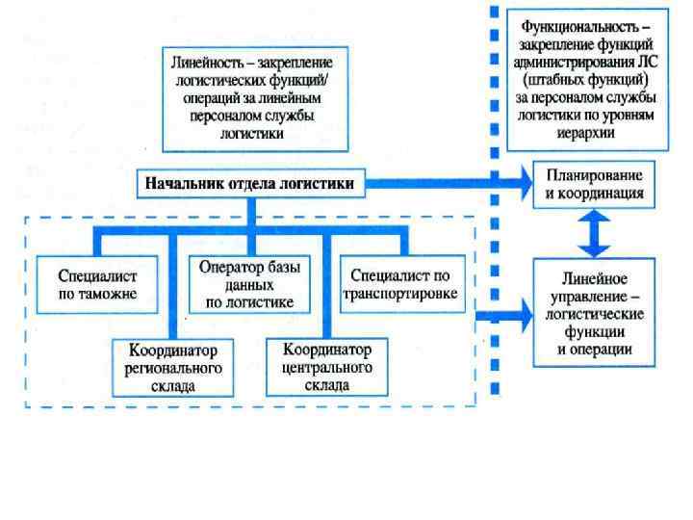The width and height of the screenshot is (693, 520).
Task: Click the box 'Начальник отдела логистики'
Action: [x=249, y=182]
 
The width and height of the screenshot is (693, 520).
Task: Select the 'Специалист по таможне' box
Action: [x=97, y=282]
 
